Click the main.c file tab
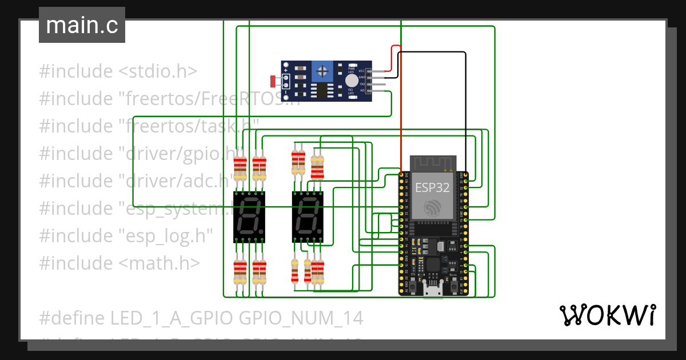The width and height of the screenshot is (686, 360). [x=82, y=26]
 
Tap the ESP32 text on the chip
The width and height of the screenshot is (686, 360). [x=432, y=187]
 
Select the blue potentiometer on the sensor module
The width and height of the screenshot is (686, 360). [x=324, y=71]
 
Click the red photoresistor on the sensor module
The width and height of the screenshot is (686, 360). [x=273, y=80]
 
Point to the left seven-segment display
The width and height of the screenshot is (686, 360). [x=249, y=217]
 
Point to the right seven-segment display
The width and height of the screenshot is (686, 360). [x=307, y=217]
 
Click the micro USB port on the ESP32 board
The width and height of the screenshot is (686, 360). [x=433, y=290]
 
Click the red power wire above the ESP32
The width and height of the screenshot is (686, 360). [x=401, y=114]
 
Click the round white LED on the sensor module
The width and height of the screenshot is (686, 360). [x=352, y=81]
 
